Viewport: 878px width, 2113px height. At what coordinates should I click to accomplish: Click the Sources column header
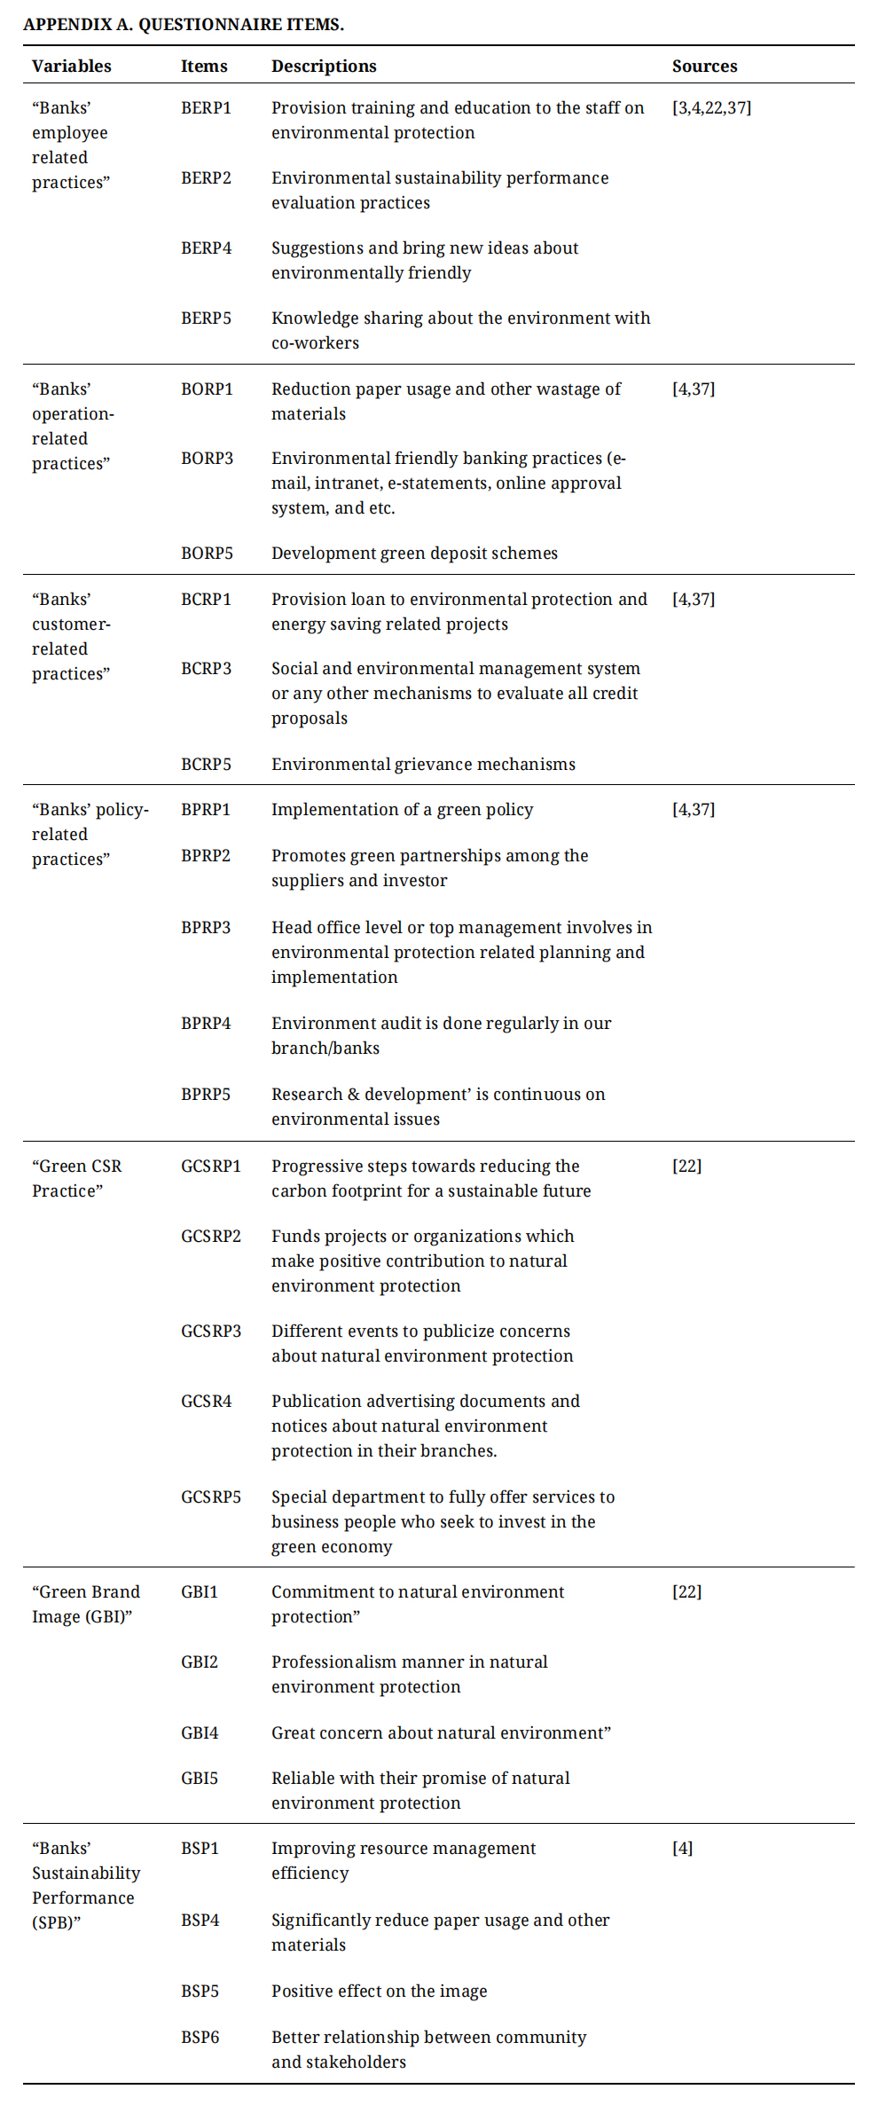704,67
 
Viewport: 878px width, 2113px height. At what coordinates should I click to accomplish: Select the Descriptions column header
324,67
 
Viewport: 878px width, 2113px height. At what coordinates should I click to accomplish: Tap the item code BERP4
206,248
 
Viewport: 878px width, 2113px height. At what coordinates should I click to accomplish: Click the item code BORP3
207,459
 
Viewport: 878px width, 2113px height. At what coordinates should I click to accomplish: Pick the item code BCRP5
206,765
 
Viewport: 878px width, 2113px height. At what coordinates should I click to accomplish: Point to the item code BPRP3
206,928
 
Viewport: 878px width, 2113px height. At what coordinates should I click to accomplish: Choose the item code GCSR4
206,1402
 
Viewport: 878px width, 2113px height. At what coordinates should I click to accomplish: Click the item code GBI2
200,1662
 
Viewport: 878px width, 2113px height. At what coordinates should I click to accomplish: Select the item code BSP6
200,2038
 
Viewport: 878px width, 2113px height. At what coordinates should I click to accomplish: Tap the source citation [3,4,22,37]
711,108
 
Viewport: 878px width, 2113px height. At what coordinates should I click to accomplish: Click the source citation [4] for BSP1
682,1849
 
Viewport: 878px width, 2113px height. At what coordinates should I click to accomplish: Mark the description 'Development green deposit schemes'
414,554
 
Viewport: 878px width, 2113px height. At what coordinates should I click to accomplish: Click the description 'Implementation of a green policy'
402,810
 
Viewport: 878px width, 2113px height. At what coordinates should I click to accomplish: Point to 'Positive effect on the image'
379,1991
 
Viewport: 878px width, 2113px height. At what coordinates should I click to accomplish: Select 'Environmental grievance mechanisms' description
423,765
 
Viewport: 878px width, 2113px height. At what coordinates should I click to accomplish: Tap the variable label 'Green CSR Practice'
76,1179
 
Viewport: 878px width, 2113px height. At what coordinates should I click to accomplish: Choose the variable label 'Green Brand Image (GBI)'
85,1605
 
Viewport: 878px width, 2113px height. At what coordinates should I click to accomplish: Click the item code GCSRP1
210,1166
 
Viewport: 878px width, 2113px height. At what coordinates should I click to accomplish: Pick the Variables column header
72,67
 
